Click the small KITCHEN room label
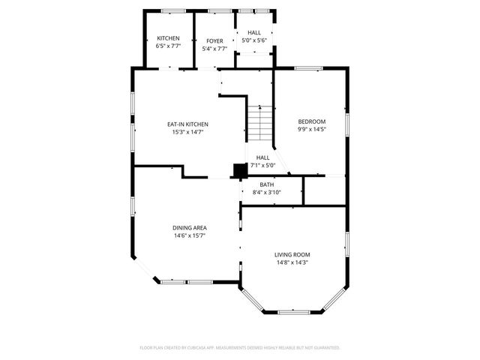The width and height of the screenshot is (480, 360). [168, 38]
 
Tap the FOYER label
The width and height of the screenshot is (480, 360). [214, 40]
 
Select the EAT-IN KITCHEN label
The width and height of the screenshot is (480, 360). [187, 124]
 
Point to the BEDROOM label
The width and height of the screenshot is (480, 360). [311, 121]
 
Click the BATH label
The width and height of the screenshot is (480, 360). [267, 184]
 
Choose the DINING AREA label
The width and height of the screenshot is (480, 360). [189, 228]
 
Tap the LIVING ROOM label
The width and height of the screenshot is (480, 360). [292, 254]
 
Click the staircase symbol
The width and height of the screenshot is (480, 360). [259, 123]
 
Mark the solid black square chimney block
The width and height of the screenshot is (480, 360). [239, 170]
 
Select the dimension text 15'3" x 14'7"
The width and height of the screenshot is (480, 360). [187, 132]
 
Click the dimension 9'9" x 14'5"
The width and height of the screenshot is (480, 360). [311, 129]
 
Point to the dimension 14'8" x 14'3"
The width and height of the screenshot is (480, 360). [292, 262]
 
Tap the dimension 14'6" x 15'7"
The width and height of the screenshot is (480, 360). [189, 235]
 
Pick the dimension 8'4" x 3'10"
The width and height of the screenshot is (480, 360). [267, 193]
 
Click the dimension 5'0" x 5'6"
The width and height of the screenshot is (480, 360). [254, 40]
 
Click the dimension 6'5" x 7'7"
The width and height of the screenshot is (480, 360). [168, 46]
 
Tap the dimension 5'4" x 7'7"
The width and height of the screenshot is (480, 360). [214, 49]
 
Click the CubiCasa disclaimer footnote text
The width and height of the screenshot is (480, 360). [240, 348]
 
